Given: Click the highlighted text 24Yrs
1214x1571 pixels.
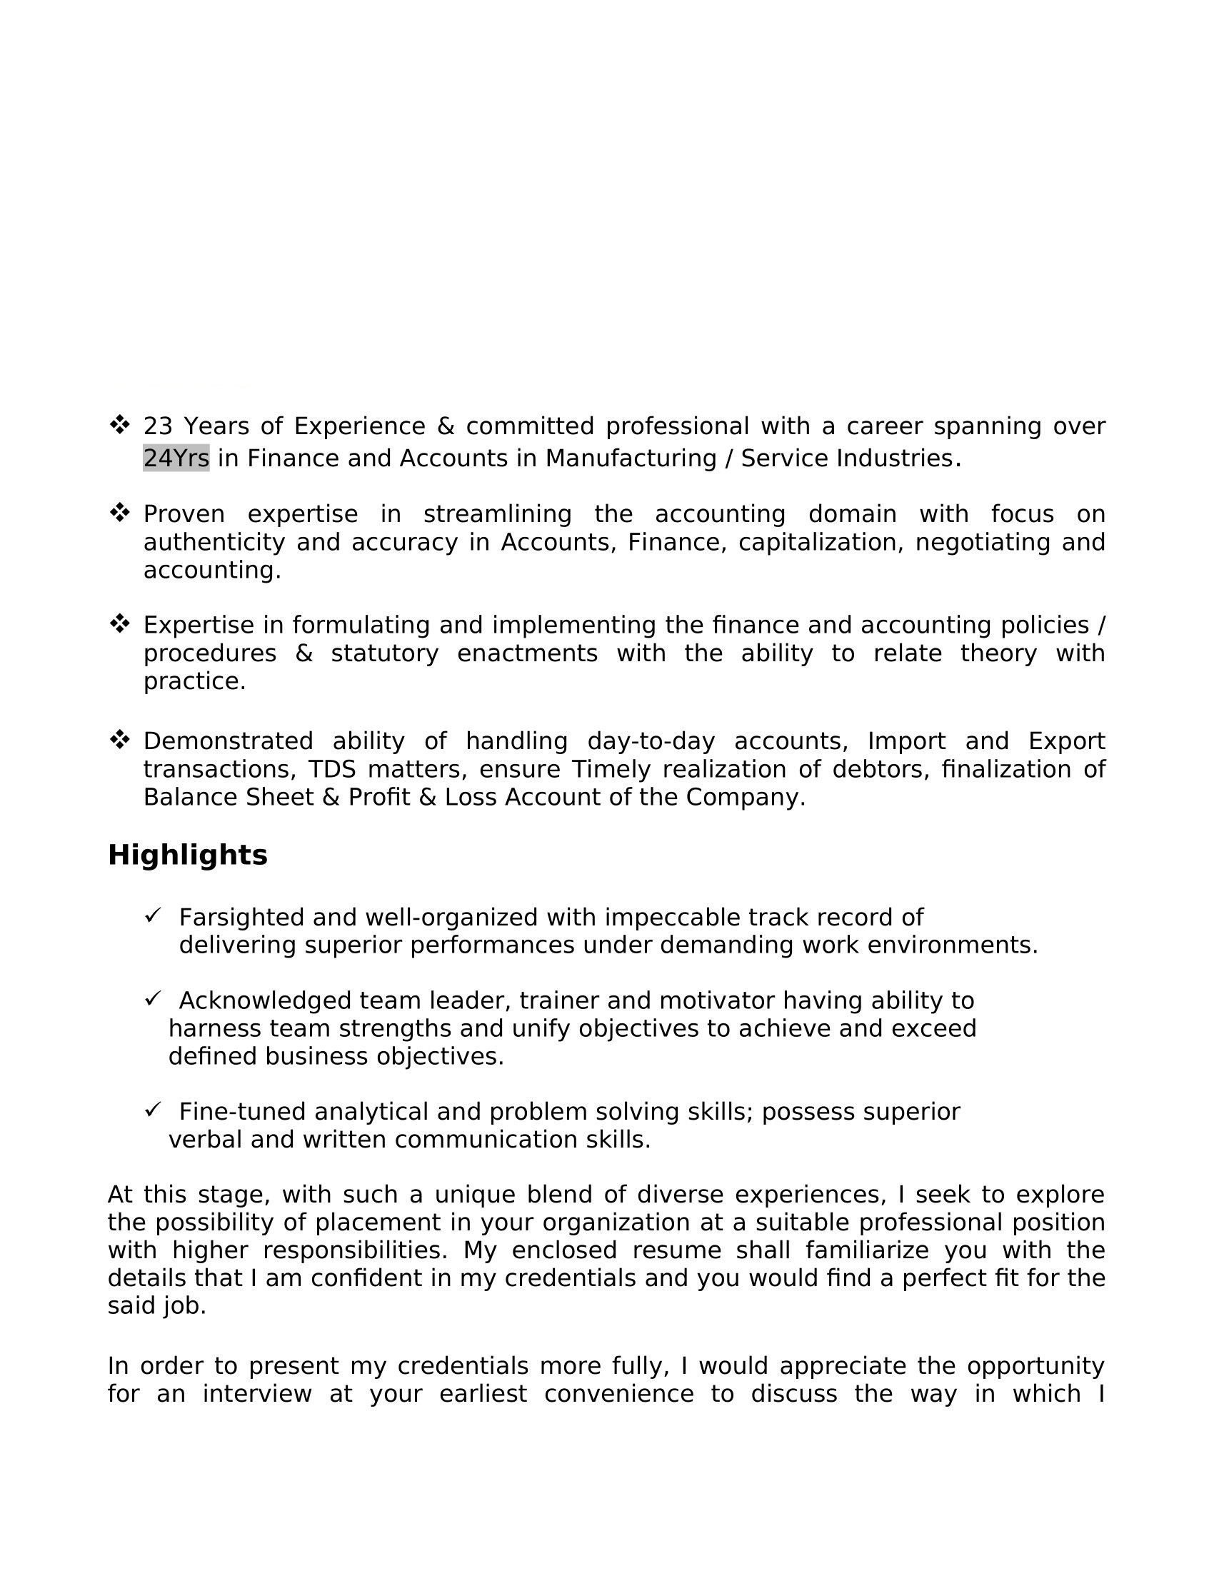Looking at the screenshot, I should point(176,458).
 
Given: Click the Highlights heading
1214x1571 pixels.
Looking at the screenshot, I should point(188,855).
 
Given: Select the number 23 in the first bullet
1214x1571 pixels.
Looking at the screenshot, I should point(159,426).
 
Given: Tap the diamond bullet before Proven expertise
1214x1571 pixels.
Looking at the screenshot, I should point(119,513).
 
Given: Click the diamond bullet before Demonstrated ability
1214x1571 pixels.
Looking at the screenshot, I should point(119,739).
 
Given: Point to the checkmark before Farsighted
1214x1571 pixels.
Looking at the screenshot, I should point(153,915).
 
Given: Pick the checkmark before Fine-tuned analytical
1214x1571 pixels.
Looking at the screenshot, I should point(153,1110).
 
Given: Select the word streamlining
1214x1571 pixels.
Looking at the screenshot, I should point(498,514).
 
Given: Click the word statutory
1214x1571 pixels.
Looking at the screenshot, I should point(385,654).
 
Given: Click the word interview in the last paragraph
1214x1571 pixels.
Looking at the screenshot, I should point(257,1394).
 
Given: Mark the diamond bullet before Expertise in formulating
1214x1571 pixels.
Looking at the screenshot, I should point(119,623).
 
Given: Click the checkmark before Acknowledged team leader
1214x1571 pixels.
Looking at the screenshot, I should point(153,998).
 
